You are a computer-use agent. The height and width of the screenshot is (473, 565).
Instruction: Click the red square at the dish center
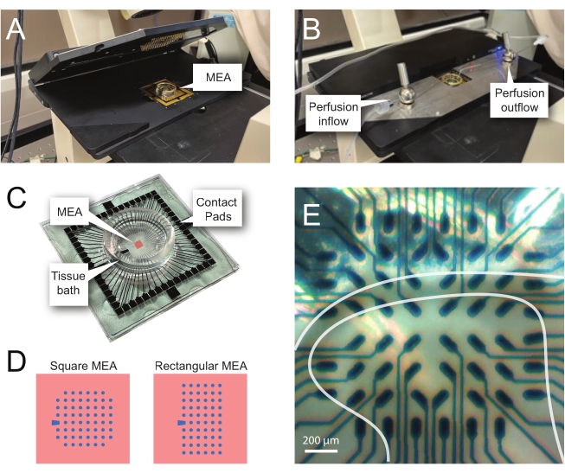coord(136,245)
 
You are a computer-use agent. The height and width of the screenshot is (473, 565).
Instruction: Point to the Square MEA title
coord(83,366)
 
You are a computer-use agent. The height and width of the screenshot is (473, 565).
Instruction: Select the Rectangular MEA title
coord(201,366)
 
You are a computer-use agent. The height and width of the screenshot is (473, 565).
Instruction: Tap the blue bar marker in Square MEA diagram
coord(55,423)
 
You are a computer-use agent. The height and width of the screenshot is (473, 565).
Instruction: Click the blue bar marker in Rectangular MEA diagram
coord(181,423)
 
